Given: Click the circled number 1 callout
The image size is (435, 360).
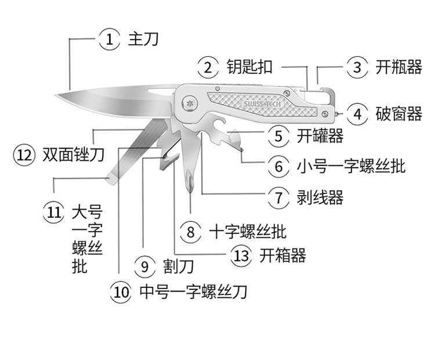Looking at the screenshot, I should tap(108, 39).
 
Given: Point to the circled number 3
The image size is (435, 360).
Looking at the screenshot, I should tap(357, 67).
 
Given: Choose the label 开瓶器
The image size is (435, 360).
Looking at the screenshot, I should tap(398, 67).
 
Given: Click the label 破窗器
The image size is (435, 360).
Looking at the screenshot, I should tap(398, 114).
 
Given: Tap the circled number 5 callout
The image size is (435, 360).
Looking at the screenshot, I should tap(279, 136).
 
